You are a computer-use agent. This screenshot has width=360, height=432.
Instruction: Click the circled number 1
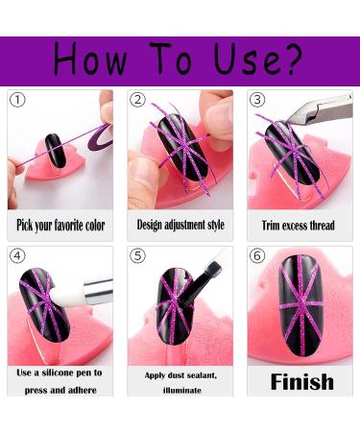(x=17, y=100)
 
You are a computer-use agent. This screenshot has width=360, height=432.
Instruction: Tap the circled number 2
(x=137, y=100)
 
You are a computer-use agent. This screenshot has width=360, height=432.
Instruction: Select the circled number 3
(x=257, y=100)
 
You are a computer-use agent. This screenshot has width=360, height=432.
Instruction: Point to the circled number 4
(x=17, y=255)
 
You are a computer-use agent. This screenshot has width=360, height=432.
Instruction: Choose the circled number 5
(x=137, y=255)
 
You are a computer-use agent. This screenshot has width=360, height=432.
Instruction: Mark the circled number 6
(x=257, y=255)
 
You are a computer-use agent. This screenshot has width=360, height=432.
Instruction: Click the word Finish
(x=302, y=381)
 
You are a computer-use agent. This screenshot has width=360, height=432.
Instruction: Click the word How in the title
(x=90, y=60)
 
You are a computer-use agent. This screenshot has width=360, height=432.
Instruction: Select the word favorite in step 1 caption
(x=68, y=225)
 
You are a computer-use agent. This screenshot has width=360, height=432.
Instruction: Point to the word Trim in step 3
(x=269, y=226)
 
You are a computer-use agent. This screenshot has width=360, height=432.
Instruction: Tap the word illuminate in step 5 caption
(x=182, y=390)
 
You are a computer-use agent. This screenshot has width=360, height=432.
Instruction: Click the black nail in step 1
(x=56, y=151)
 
